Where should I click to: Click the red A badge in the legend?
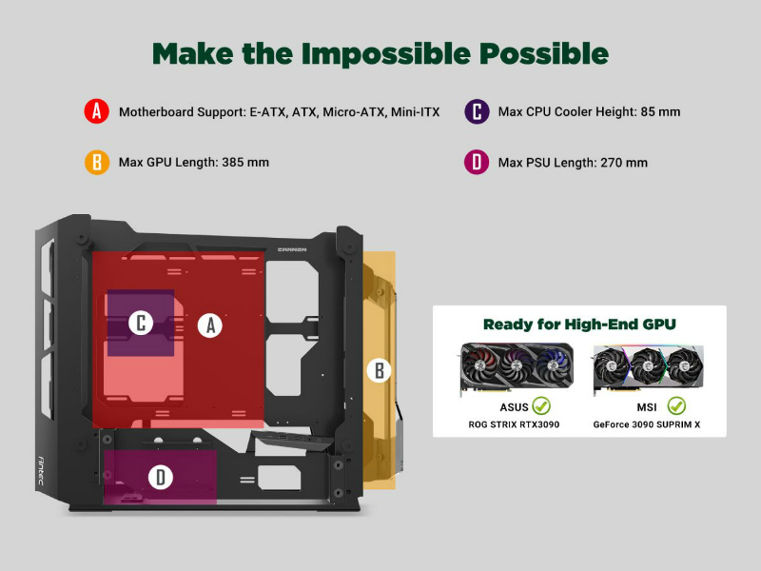(97, 111)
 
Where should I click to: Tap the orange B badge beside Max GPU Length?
(97, 162)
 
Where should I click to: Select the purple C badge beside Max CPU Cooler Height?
(477, 111)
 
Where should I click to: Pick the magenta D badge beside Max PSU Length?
(477, 162)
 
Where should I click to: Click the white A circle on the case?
(210, 325)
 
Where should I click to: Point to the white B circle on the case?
(379, 370)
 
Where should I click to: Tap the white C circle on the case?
(141, 323)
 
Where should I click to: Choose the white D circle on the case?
(160, 477)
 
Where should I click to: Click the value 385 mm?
(245, 162)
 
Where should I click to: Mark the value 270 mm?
(624, 163)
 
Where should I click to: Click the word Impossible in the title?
(386, 53)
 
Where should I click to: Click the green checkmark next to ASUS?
(541, 405)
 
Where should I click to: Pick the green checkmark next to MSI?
(676, 405)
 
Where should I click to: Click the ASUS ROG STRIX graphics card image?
(517, 368)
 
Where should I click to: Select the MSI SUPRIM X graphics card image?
(648, 369)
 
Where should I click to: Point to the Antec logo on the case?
(41, 470)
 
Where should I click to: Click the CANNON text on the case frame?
(292, 249)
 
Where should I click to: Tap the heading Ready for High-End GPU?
(579, 325)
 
